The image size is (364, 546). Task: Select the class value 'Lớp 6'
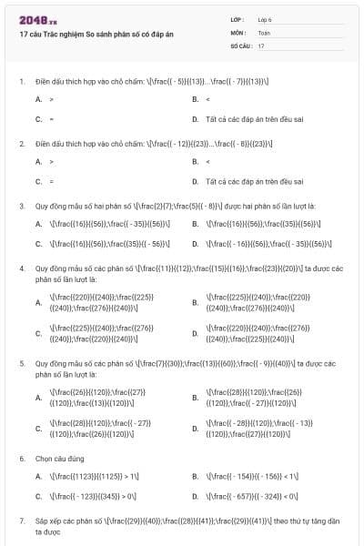click(264, 19)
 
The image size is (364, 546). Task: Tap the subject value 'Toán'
click(263, 32)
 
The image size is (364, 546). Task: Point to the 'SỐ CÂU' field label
click(240, 45)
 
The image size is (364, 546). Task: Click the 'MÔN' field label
click(238, 32)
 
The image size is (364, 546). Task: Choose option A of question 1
click(50, 97)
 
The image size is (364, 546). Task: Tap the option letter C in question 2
click(38, 181)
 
